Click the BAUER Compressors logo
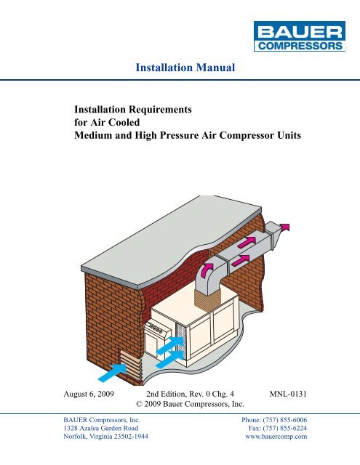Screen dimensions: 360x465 [x=300, y=36]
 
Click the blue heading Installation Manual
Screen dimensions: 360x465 [x=185, y=68]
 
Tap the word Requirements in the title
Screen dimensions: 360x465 [x=160, y=110]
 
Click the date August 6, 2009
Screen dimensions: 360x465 [x=89, y=394]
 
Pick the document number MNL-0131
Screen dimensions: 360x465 [x=288, y=394]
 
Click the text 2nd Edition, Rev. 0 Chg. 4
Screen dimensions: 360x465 [x=190, y=394]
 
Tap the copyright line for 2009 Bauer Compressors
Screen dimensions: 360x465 [x=190, y=404]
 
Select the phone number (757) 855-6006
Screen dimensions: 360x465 [x=285, y=420]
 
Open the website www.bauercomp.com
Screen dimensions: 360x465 [x=276, y=437]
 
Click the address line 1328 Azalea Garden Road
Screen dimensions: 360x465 [x=101, y=428]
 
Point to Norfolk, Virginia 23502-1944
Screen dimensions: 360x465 [x=105, y=437]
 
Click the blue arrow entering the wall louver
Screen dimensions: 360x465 [x=112, y=373]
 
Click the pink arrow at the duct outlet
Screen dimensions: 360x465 [x=285, y=227]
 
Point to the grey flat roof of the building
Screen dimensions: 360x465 [x=172, y=238]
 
